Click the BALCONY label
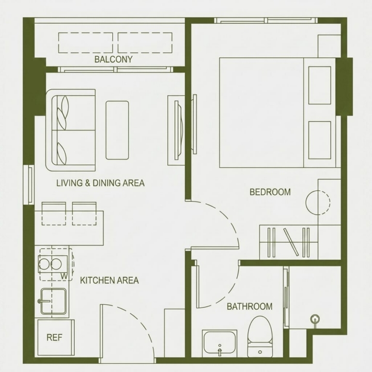[x=113, y=59]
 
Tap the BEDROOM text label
[x=270, y=192]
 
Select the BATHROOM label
[x=250, y=306]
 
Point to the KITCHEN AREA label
[x=110, y=281]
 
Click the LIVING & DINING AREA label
[x=100, y=183]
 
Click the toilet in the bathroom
[x=260, y=336]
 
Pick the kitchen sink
[x=53, y=301]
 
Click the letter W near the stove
[x=64, y=276]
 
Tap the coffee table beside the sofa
[x=117, y=130]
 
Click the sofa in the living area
[x=70, y=130]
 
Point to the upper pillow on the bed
[x=320, y=85]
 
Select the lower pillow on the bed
[x=320, y=140]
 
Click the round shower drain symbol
[x=316, y=318]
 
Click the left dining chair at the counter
[x=54, y=213]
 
